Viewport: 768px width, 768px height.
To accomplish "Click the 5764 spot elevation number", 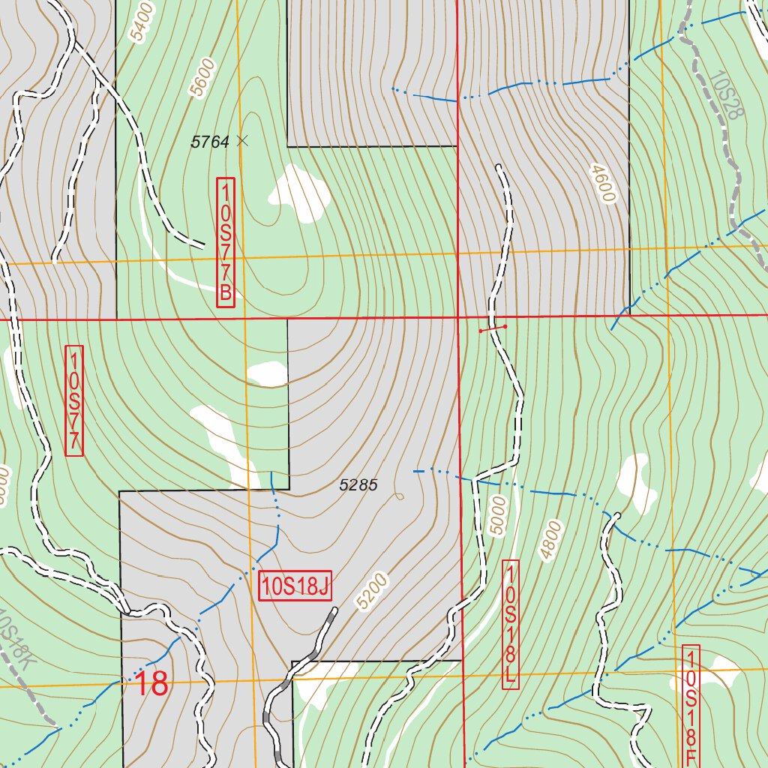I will click(x=210, y=142).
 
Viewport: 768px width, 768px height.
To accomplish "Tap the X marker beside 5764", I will click(x=241, y=139).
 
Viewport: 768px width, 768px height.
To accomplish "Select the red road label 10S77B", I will click(x=226, y=242).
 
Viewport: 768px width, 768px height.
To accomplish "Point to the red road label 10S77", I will click(x=74, y=400).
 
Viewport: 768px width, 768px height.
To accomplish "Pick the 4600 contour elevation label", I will click(x=602, y=183).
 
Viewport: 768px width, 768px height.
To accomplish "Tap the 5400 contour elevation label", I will click(x=141, y=22).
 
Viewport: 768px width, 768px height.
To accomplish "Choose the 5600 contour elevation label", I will click(x=202, y=78).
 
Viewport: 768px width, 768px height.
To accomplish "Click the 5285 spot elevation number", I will click(x=358, y=485).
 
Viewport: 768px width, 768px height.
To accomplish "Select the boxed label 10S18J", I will click(x=295, y=586).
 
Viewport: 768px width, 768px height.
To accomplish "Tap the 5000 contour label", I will click(x=497, y=515).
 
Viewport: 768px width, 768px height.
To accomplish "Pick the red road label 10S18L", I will click(x=510, y=625).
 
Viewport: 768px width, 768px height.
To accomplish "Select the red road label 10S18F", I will click(x=691, y=705).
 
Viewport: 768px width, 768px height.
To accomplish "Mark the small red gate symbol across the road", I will click(x=493, y=328).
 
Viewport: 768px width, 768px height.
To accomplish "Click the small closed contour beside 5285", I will click(x=399, y=496).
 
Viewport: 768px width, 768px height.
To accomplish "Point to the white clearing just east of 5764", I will click(x=300, y=193).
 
